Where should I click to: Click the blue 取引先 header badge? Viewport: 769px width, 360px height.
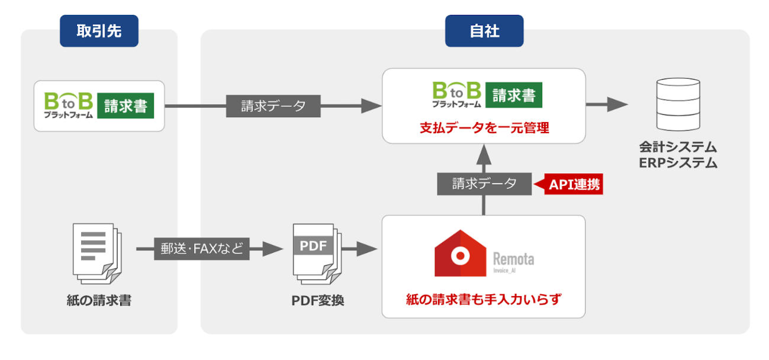coord(99,31)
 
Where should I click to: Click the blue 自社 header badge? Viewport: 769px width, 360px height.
coord(484,31)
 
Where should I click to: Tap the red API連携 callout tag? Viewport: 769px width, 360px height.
coord(571,184)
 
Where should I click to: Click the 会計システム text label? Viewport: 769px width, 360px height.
coord(678,146)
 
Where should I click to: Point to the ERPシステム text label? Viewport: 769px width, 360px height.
coord(678,163)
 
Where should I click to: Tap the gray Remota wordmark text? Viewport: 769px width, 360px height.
coord(513,259)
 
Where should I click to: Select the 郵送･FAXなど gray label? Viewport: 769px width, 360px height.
coord(201,248)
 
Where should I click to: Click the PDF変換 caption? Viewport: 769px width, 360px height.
coord(317,300)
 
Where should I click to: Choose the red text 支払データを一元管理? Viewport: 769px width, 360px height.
coord(484,127)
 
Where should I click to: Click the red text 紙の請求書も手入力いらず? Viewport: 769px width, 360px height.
coord(484,300)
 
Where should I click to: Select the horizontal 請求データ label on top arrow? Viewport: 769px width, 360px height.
coord(273,107)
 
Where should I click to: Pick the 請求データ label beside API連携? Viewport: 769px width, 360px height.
coord(484,184)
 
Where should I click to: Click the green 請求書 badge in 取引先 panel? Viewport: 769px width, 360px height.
coord(125,106)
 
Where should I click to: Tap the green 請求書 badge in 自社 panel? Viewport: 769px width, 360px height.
coord(513,94)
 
